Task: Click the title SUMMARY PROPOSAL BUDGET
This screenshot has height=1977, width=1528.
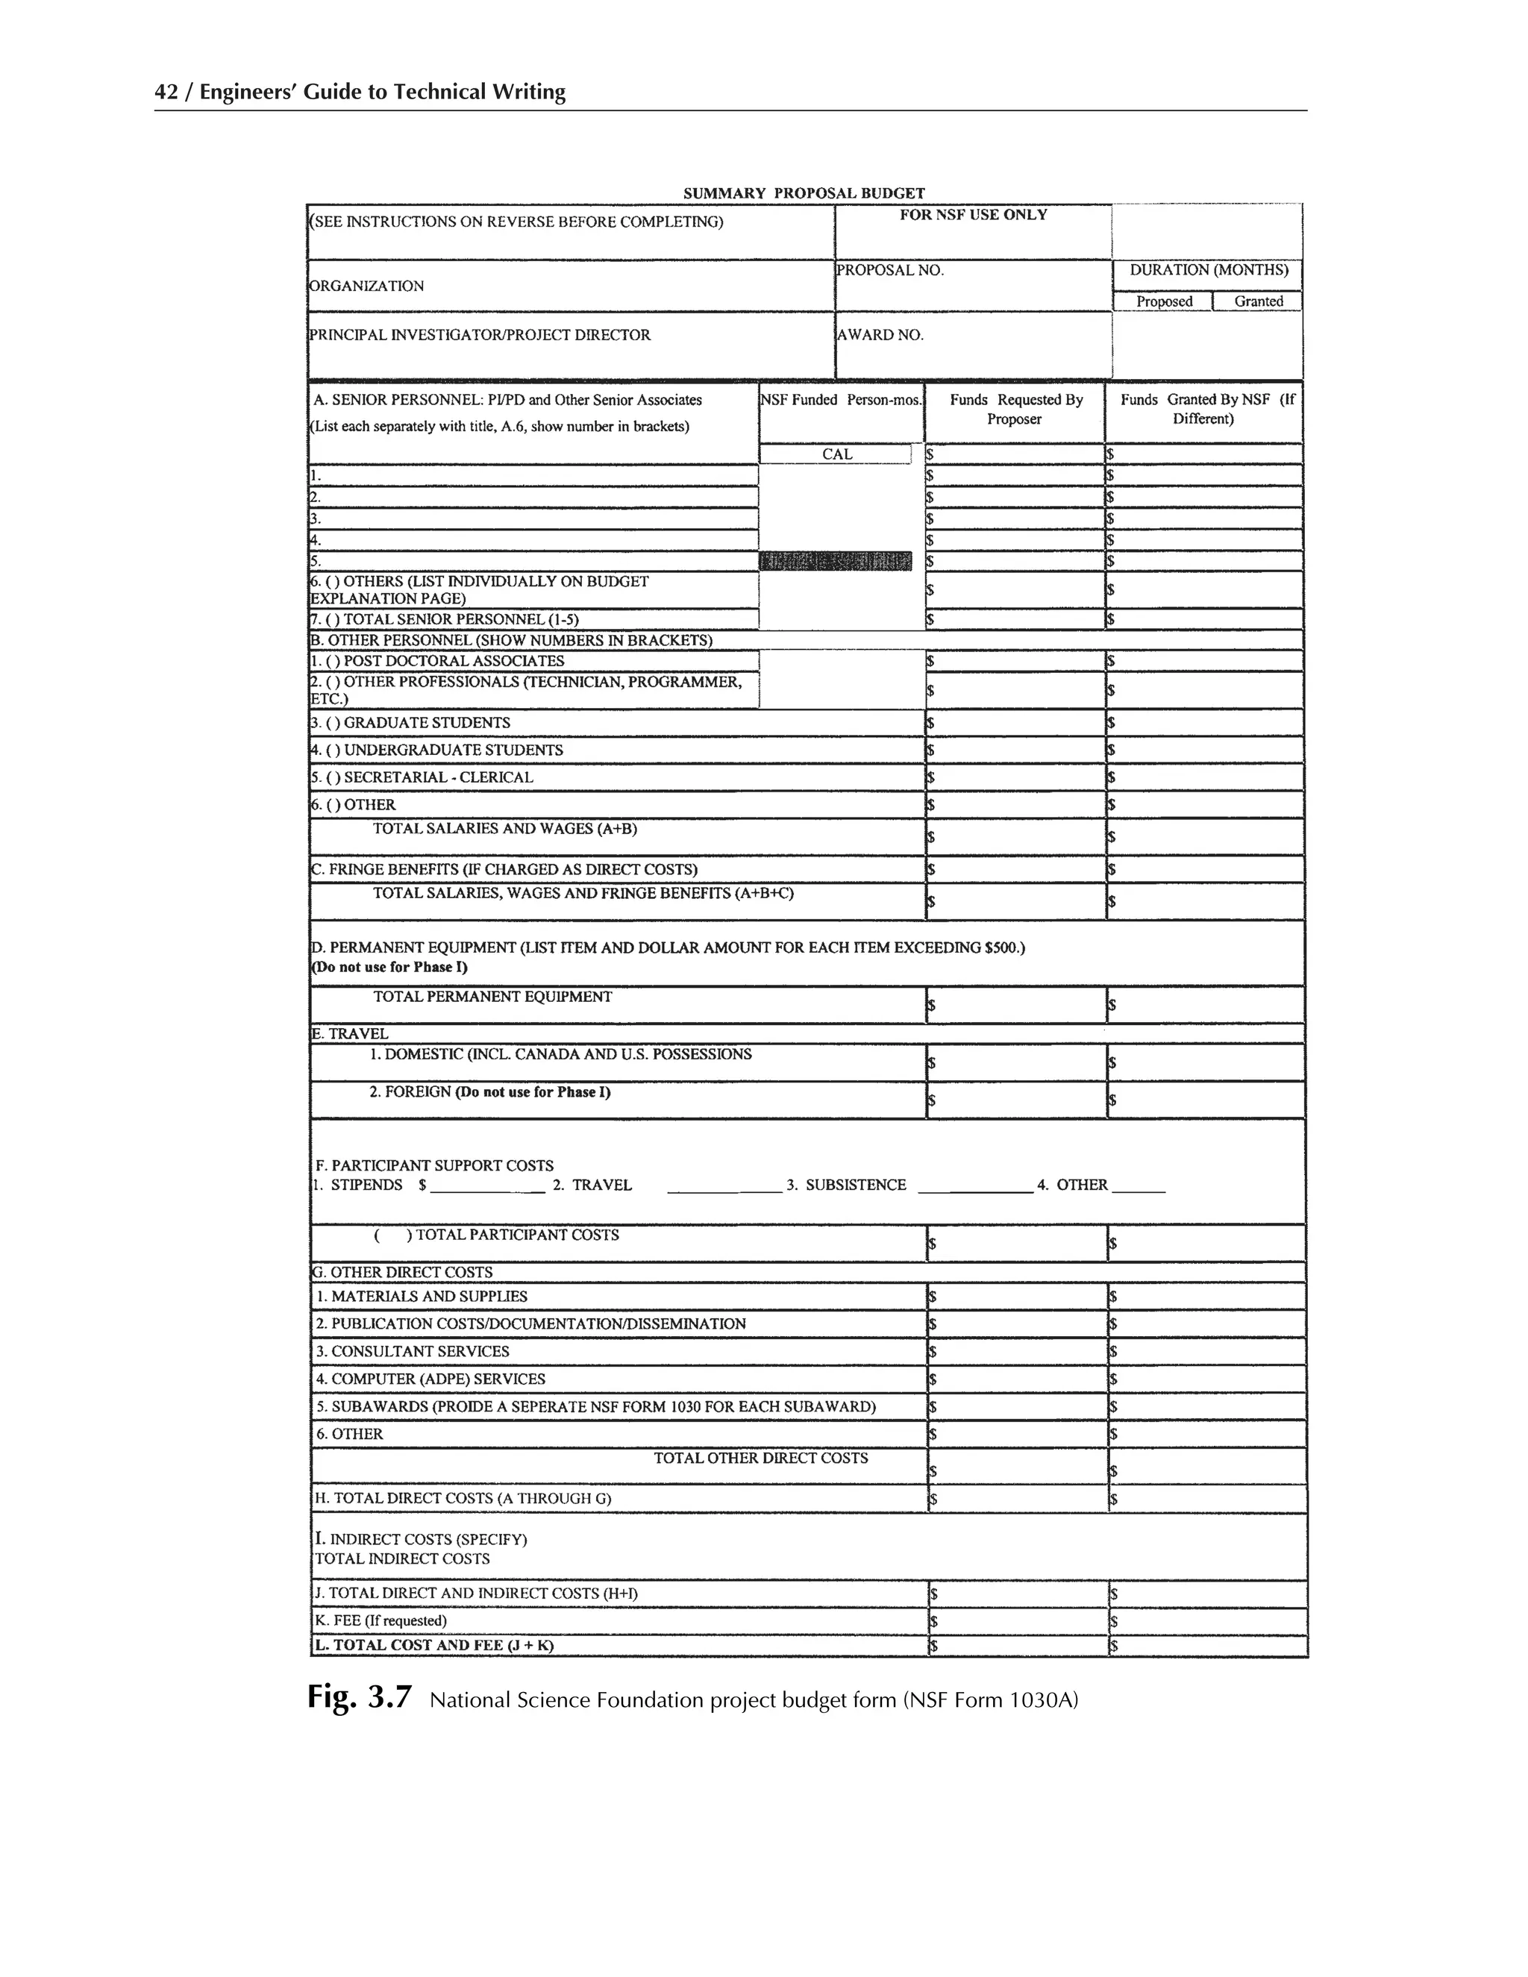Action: pyautogui.click(x=803, y=192)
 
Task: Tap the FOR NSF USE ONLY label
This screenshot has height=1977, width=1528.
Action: pyautogui.click(x=973, y=215)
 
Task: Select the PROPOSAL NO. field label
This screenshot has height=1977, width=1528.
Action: pyautogui.click(x=890, y=270)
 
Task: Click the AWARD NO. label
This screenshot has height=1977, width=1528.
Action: pyautogui.click(x=880, y=335)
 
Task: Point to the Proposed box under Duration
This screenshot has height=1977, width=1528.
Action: pyautogui.click(x=1163, y=301)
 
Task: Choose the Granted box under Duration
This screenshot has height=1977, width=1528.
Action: pyautogui.click(x=1257, y=301)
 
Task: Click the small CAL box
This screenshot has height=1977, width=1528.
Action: pyautogui.click(x=836, y=454)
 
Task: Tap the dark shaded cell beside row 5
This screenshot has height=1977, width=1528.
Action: pyautogui.click(x=836, y=561)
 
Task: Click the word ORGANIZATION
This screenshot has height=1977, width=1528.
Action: pyautogui.click(x=366, y=286)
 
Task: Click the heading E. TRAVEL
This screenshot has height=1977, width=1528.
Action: pyautogui.click(x=351, y=1034)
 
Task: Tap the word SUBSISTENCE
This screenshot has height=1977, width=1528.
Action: pyautogui.click(x=856, y=1185)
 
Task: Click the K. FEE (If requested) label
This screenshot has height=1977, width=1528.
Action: pyautogui.click(x=381, y=1620)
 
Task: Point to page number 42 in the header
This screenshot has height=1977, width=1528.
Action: pyautogui.click(x=166, y=92)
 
